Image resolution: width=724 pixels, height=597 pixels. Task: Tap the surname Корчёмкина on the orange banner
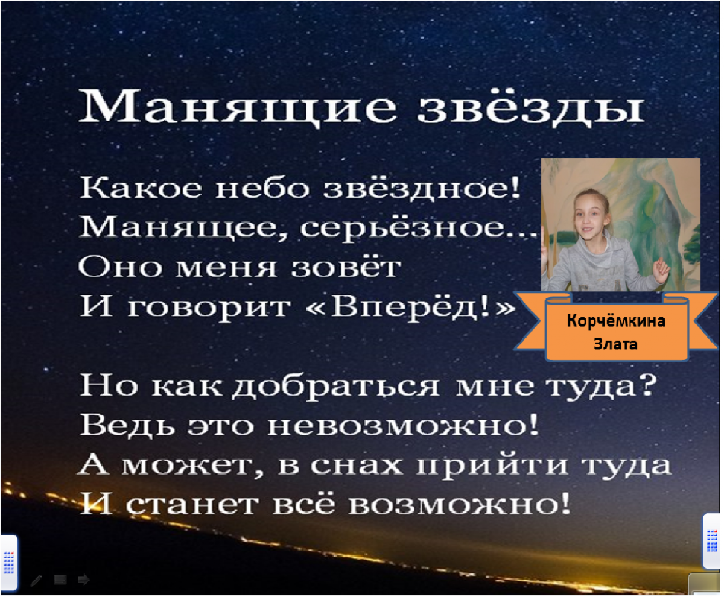pos(616,321)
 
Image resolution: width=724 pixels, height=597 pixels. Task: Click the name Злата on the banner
pos(615,344)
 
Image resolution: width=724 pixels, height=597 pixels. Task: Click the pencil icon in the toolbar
pos(36,580)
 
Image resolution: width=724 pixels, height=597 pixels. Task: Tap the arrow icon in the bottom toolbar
pos(84,580)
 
